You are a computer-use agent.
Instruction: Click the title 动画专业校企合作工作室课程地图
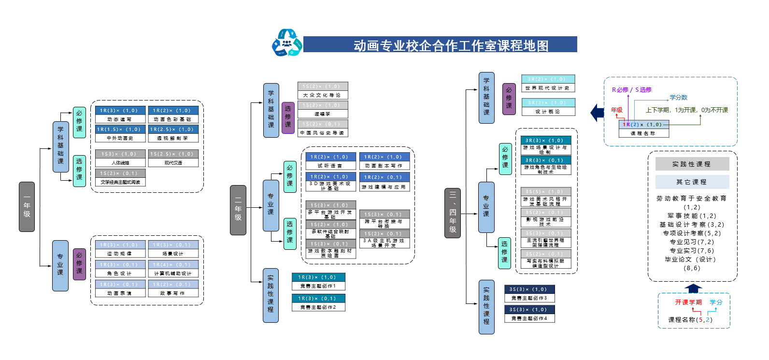point(451,45)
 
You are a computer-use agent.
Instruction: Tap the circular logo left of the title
point(286,43)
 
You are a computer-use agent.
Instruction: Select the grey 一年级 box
point(27,207)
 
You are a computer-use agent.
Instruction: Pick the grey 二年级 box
point(238,210)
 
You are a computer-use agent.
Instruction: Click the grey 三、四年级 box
point(453,213)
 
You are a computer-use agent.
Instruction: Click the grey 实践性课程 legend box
point(692,164)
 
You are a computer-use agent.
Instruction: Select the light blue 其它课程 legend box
point(692,182)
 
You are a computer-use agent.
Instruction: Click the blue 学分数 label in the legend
point(678,98)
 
